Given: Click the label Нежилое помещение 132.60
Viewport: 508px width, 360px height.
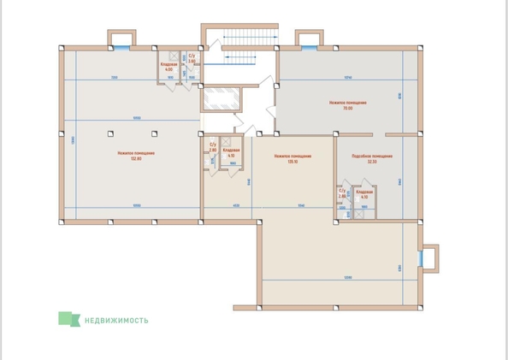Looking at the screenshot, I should pos(130,156).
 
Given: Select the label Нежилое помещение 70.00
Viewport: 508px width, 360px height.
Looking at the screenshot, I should pos(348,105).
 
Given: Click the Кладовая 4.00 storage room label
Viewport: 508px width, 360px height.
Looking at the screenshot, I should pos(169,67).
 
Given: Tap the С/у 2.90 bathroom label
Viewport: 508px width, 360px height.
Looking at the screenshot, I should pos(213,147).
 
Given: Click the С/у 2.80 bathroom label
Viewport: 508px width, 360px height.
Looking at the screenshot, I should pos(342,194).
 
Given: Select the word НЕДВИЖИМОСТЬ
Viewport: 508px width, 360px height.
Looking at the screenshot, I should pos(115,321).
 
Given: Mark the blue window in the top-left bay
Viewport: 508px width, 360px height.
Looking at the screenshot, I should pos(121,38).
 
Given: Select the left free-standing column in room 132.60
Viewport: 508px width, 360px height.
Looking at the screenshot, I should pos(111,133).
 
